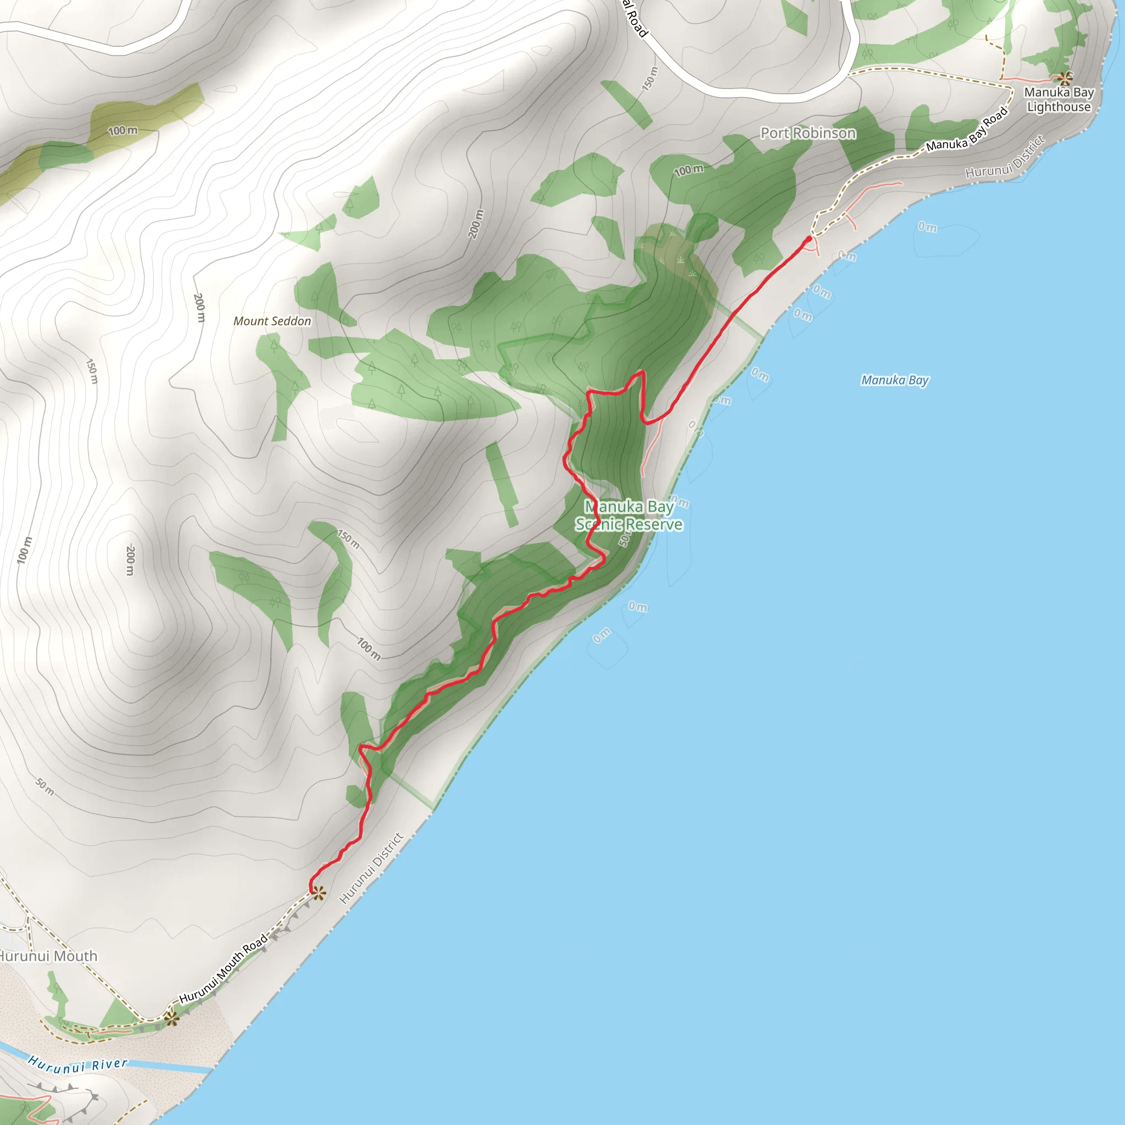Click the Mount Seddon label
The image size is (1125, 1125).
coord(272,321)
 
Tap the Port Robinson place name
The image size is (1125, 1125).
coord(807,133)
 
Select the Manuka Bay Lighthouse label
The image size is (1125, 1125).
coord(1059,99)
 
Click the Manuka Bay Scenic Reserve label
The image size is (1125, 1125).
coord(629,515)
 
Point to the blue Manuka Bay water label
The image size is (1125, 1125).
coord(894,380)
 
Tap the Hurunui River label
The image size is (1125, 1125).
coord(77,1066)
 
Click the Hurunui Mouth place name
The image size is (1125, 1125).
coord(48,956)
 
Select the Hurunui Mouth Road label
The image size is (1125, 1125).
coord(223,968)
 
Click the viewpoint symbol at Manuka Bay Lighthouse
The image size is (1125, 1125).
coord(1065,78)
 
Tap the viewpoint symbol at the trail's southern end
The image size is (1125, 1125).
coord(318,893)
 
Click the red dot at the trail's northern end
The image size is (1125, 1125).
coord(808,240)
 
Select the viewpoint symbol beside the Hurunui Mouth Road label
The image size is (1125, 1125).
coord(171,1018)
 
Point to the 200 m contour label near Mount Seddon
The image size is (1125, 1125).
coord(199,308)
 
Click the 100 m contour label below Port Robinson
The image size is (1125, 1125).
coord(688,170)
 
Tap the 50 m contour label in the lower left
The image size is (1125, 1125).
coord(45,787)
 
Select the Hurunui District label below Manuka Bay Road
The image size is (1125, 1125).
coord(1005,157)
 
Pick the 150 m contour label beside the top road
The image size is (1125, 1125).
coord(650,79)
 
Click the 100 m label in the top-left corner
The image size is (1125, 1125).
coord(123,130)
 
